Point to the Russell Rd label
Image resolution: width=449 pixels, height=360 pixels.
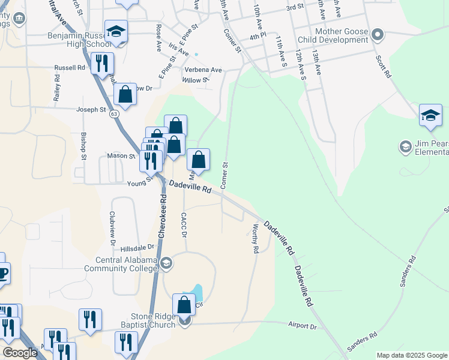tap(69, 68)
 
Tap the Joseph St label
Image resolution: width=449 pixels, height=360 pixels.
tap(91, 110)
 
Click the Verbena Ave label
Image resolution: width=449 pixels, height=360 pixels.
tap(203, 70)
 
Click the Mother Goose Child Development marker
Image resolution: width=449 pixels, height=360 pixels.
tap(378, 34)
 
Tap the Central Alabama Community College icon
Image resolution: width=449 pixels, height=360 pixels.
tap(166, 262)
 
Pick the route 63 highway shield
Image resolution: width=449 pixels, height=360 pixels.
tap(114, 113)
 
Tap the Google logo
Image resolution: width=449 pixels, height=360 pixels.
tap(20, 352)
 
